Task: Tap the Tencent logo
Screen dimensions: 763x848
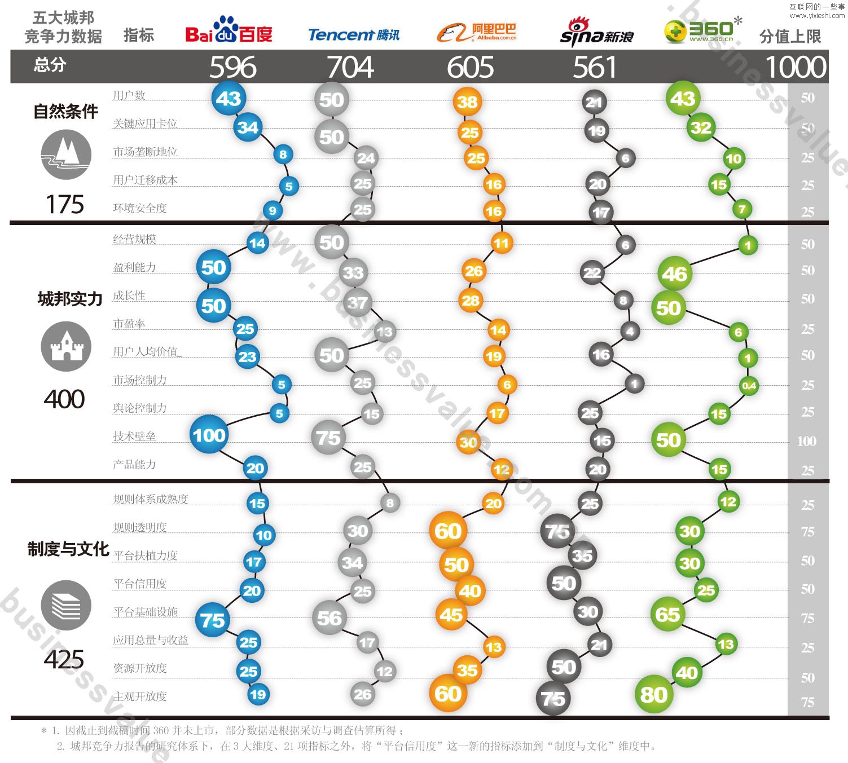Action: (354, 35)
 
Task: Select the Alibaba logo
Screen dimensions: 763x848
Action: (477, 32)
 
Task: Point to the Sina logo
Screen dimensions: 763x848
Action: (596, 33)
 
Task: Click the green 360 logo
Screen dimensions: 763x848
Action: (702, 30)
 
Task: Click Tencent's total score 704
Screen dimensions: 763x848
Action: (350, 67)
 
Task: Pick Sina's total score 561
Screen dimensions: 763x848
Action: (595, 67)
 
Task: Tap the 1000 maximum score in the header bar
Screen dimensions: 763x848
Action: (796, 67)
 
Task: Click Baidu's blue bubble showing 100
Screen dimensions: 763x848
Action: (209, 435)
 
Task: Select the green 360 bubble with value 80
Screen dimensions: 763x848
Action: (653, 695)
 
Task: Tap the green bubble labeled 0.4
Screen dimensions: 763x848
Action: (749, 386)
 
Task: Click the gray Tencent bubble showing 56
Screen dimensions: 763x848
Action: (329, 618)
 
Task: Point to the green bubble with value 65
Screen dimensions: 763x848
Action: (668, 614)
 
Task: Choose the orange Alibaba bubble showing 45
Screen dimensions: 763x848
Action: (451, 614)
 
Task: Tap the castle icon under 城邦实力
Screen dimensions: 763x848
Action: (66, 346)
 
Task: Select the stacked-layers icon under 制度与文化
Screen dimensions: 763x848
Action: (66, 605)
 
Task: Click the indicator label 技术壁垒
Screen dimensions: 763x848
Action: (134, 436)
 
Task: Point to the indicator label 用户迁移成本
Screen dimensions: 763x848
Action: (145, 180)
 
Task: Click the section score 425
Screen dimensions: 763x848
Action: (64, 659)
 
